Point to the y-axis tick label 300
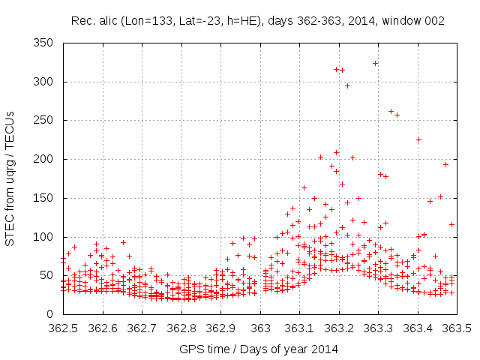47,82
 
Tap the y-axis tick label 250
47,121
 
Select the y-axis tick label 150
47,198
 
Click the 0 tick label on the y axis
52,314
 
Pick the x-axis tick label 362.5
63,328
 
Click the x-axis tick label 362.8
181,328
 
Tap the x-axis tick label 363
260,328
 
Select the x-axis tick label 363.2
339,328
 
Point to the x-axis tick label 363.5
457,328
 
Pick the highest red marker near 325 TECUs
375,63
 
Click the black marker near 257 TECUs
397,115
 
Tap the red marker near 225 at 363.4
418,139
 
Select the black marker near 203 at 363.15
320,157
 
